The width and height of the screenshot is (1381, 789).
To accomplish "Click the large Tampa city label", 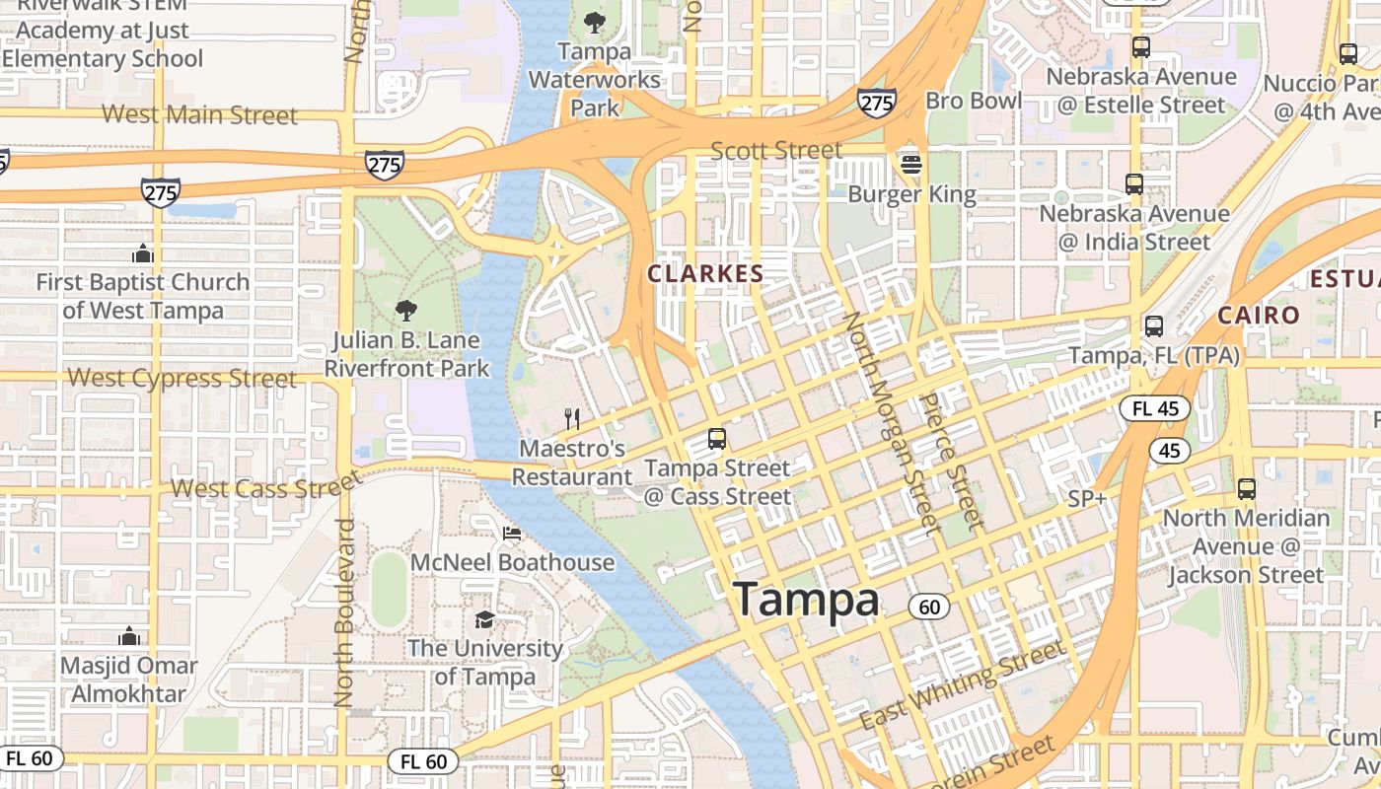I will (x=806, y=600).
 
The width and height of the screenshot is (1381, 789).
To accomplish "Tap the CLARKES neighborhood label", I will (x=705, y=274).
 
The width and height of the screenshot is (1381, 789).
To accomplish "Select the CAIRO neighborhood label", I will (x=1258, y=316).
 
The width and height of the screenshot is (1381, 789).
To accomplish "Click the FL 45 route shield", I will (x=1155, y=408).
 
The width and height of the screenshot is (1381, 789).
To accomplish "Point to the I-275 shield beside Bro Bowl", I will (x=876, y=103).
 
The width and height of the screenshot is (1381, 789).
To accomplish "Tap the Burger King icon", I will (x=910, y=163).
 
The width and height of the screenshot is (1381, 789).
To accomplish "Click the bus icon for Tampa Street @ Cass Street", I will (x=717, y=439).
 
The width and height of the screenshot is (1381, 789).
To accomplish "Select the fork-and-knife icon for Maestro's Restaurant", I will (x=571, y=419).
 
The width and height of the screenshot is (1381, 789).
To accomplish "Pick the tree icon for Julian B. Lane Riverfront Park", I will (x=405, y=312).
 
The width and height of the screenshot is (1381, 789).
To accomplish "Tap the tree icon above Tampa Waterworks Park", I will (x=594, y=22).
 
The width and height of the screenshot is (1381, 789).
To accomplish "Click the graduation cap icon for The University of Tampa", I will (x=484, y=619).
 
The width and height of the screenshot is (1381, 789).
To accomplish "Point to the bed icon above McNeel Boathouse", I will (x=511, y=534).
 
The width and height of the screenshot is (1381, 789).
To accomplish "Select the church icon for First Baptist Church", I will (x=143, y=253).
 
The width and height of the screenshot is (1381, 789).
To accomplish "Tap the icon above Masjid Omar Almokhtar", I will (x=129, y=636).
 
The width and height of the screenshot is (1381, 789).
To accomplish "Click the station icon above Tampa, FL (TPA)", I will (x=1153, y=325).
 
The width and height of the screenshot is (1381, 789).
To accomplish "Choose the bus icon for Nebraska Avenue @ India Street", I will (x=1134, y=183).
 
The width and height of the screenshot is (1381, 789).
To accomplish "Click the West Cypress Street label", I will (x=182, y=379).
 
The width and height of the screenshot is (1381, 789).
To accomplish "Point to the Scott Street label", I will (x=776, y=151).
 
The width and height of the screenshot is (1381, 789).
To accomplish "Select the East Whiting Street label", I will (x=963, y=683).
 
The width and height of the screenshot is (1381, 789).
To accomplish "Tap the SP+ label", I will (x=1087, y=499).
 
